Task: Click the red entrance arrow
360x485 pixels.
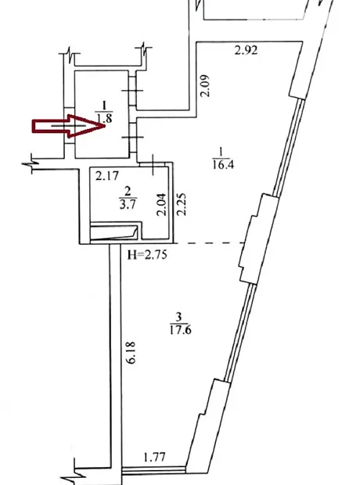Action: pos(69,126)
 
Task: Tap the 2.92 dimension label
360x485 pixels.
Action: pos(246,50)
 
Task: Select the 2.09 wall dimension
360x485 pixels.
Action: pos(205,86)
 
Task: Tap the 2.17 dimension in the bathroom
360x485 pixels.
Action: pos(106,176)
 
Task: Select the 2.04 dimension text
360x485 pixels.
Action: pos(161,204)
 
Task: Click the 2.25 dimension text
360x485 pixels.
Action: pos(181,204)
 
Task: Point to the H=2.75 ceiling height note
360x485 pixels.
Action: pos(147,255)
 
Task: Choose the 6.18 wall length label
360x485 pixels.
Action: pos(131,353)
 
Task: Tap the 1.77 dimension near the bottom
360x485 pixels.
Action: pos(154,457)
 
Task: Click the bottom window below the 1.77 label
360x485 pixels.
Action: pos(154,470)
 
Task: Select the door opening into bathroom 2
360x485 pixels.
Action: pos(153,164)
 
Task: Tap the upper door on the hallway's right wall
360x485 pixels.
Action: pos(133,91)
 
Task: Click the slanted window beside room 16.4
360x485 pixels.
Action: pos(289,148)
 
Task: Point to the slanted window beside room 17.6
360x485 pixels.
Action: pos(240,332)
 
